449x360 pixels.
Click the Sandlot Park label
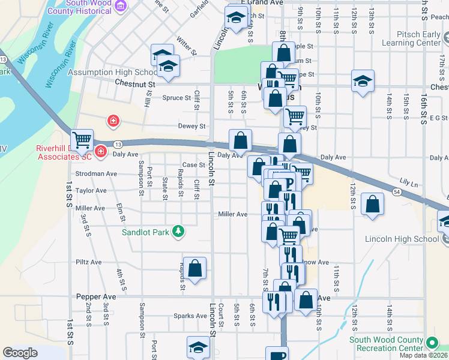pos(146,232)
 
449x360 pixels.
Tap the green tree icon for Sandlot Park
pos(178,232)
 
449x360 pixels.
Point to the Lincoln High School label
pos(402,239)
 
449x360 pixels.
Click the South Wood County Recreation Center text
pos(387,344)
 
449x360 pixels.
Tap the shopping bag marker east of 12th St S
pos(373,203)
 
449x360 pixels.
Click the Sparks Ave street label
pos(190,316)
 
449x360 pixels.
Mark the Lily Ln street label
pos(408,181)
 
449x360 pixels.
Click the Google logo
pos(20,353)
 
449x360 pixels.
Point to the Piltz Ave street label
pos(91,262)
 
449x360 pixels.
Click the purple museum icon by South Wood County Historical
pos(121,6)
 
